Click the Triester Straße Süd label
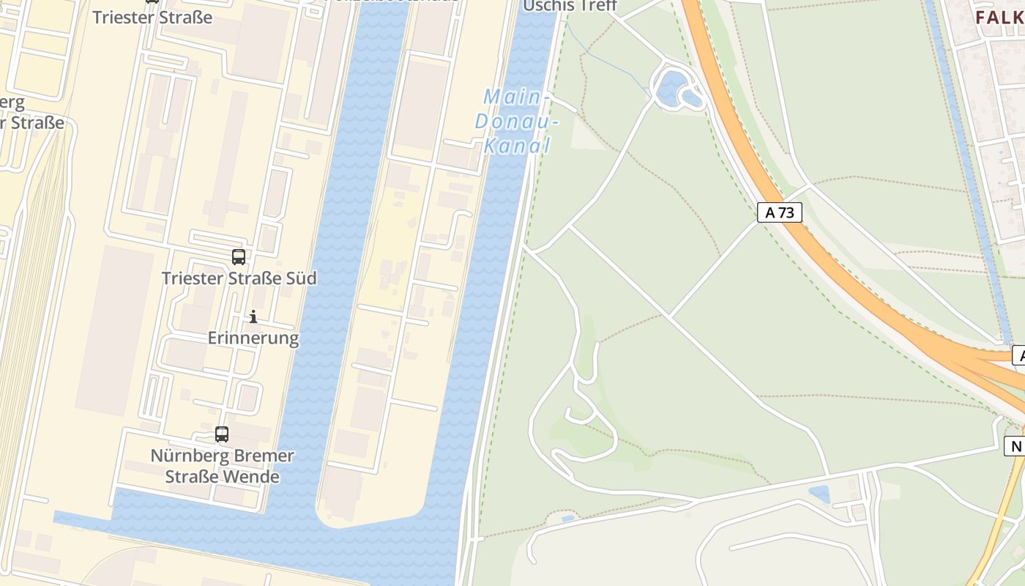pos(239,278)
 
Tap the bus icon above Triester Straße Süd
pos(239,257)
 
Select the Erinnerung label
pos(253,338)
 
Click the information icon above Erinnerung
pos(253,316)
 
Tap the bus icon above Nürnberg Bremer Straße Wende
pos(222,434)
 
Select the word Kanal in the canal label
pos(516,146)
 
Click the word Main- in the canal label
pos(517,97)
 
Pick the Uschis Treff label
pos(570,7)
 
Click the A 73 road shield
pos(779,213)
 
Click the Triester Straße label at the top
pos(152,17)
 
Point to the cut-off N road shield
pos(1015,446)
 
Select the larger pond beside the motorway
pos(669,89)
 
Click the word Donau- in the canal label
pos(516,122)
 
